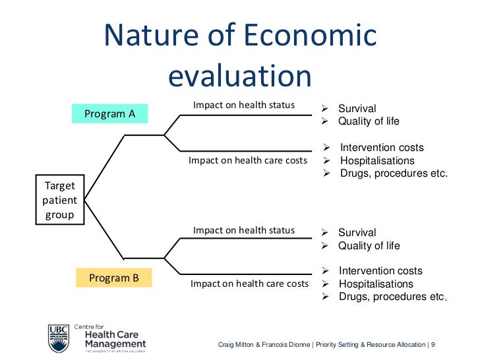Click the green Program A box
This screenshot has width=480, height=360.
coord(109,114)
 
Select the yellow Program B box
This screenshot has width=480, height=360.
coord(113,278)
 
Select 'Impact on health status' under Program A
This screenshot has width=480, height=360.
coord(243,105)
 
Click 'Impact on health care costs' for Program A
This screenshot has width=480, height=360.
coord(248,160)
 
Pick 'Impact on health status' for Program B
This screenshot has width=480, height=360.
coord(243,230)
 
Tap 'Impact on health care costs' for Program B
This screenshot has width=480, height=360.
coord(249,284)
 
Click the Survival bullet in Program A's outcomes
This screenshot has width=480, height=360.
coord(357,109)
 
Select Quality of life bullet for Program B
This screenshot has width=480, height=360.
coord(369,246)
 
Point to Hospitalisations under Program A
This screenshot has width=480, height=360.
coord(377,161)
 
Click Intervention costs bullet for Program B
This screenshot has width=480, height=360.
coord(380,271)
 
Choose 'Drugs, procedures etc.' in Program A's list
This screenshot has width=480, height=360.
coord(394,173)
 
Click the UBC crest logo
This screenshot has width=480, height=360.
coord(58,338)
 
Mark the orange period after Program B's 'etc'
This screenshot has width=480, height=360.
coord(446,300)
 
